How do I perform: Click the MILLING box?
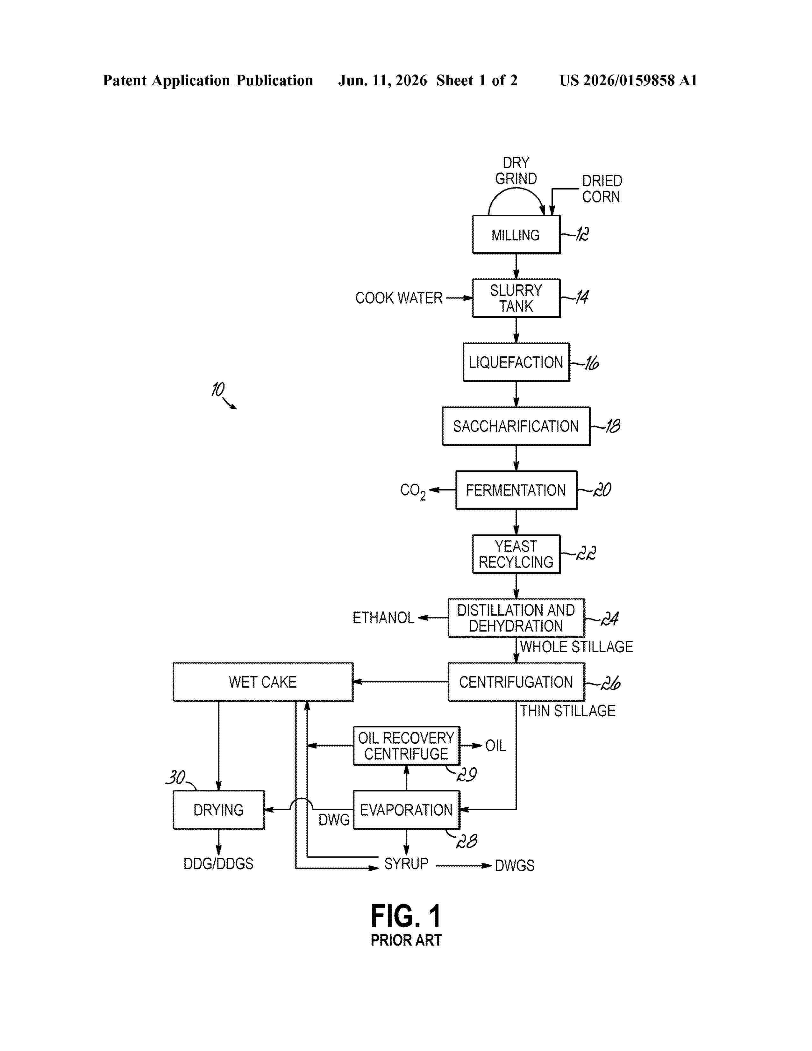516,234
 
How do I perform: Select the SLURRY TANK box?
516,298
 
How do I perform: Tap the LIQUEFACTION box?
516,362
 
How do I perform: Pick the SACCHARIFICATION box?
516,426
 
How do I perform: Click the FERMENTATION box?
516,490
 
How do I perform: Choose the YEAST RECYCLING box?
516,554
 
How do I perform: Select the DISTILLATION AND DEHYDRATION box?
516,618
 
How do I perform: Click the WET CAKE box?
263,682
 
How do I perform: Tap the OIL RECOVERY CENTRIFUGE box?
407,746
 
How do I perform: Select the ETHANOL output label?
383,618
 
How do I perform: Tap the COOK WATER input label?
399,298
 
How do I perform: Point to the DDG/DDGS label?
218,863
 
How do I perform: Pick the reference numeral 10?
218,389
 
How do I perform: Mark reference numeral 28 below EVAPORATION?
467,841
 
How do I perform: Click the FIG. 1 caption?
406,916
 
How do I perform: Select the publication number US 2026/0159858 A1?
628,80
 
